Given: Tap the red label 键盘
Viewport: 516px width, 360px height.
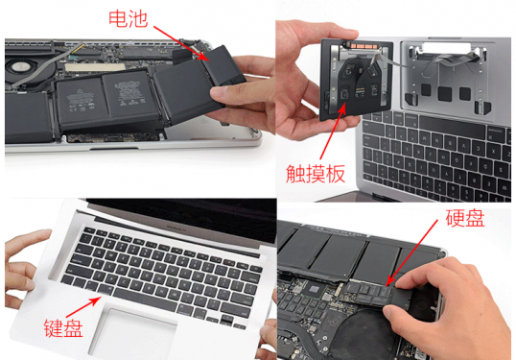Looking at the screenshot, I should (x=62, y=327).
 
